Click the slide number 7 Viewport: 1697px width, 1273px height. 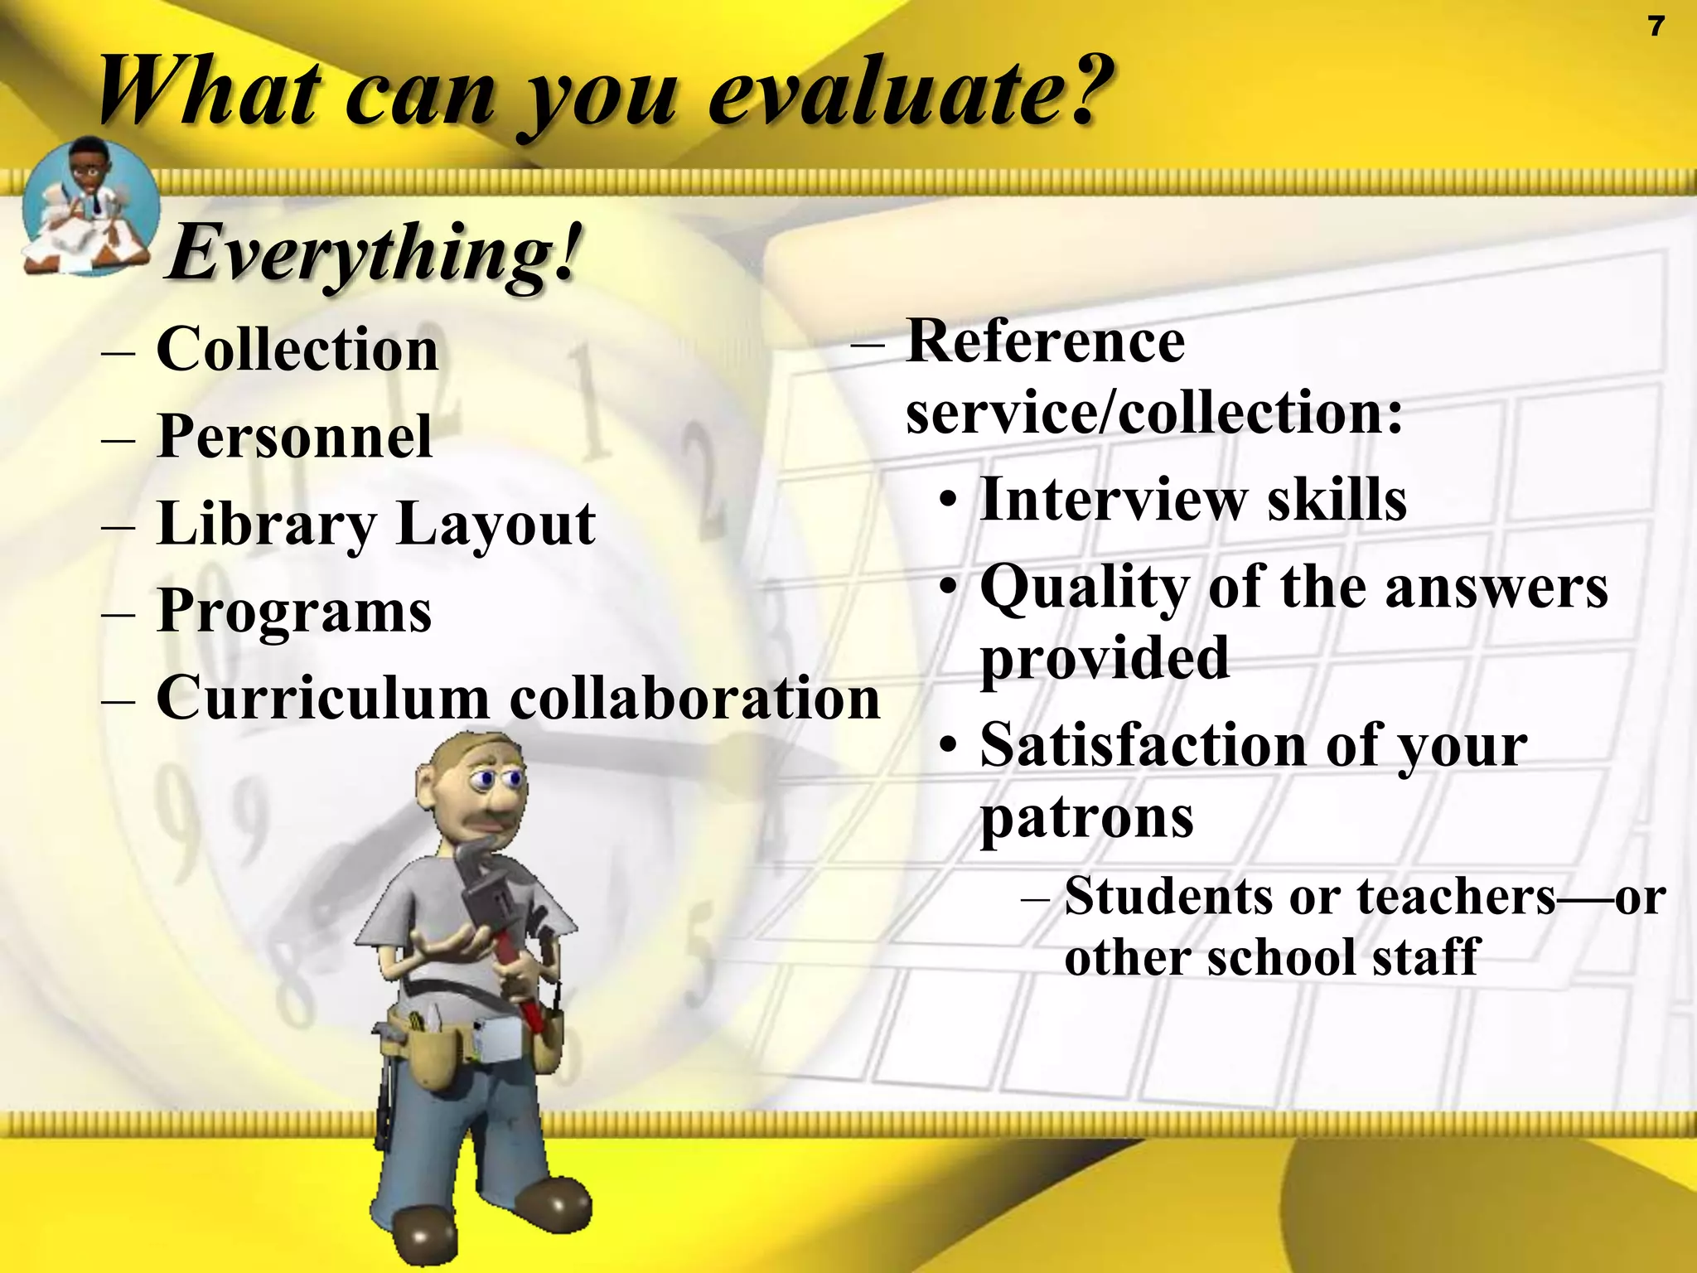click(1656, 27)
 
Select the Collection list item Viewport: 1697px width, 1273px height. click(297, 350)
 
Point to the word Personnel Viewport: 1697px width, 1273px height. click(294, 437)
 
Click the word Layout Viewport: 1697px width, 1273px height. click(496, 525)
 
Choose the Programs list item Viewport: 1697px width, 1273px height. click(294, 612)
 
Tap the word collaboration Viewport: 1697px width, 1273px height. click(694, 699)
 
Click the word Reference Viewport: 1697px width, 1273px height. click(1046, 341)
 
